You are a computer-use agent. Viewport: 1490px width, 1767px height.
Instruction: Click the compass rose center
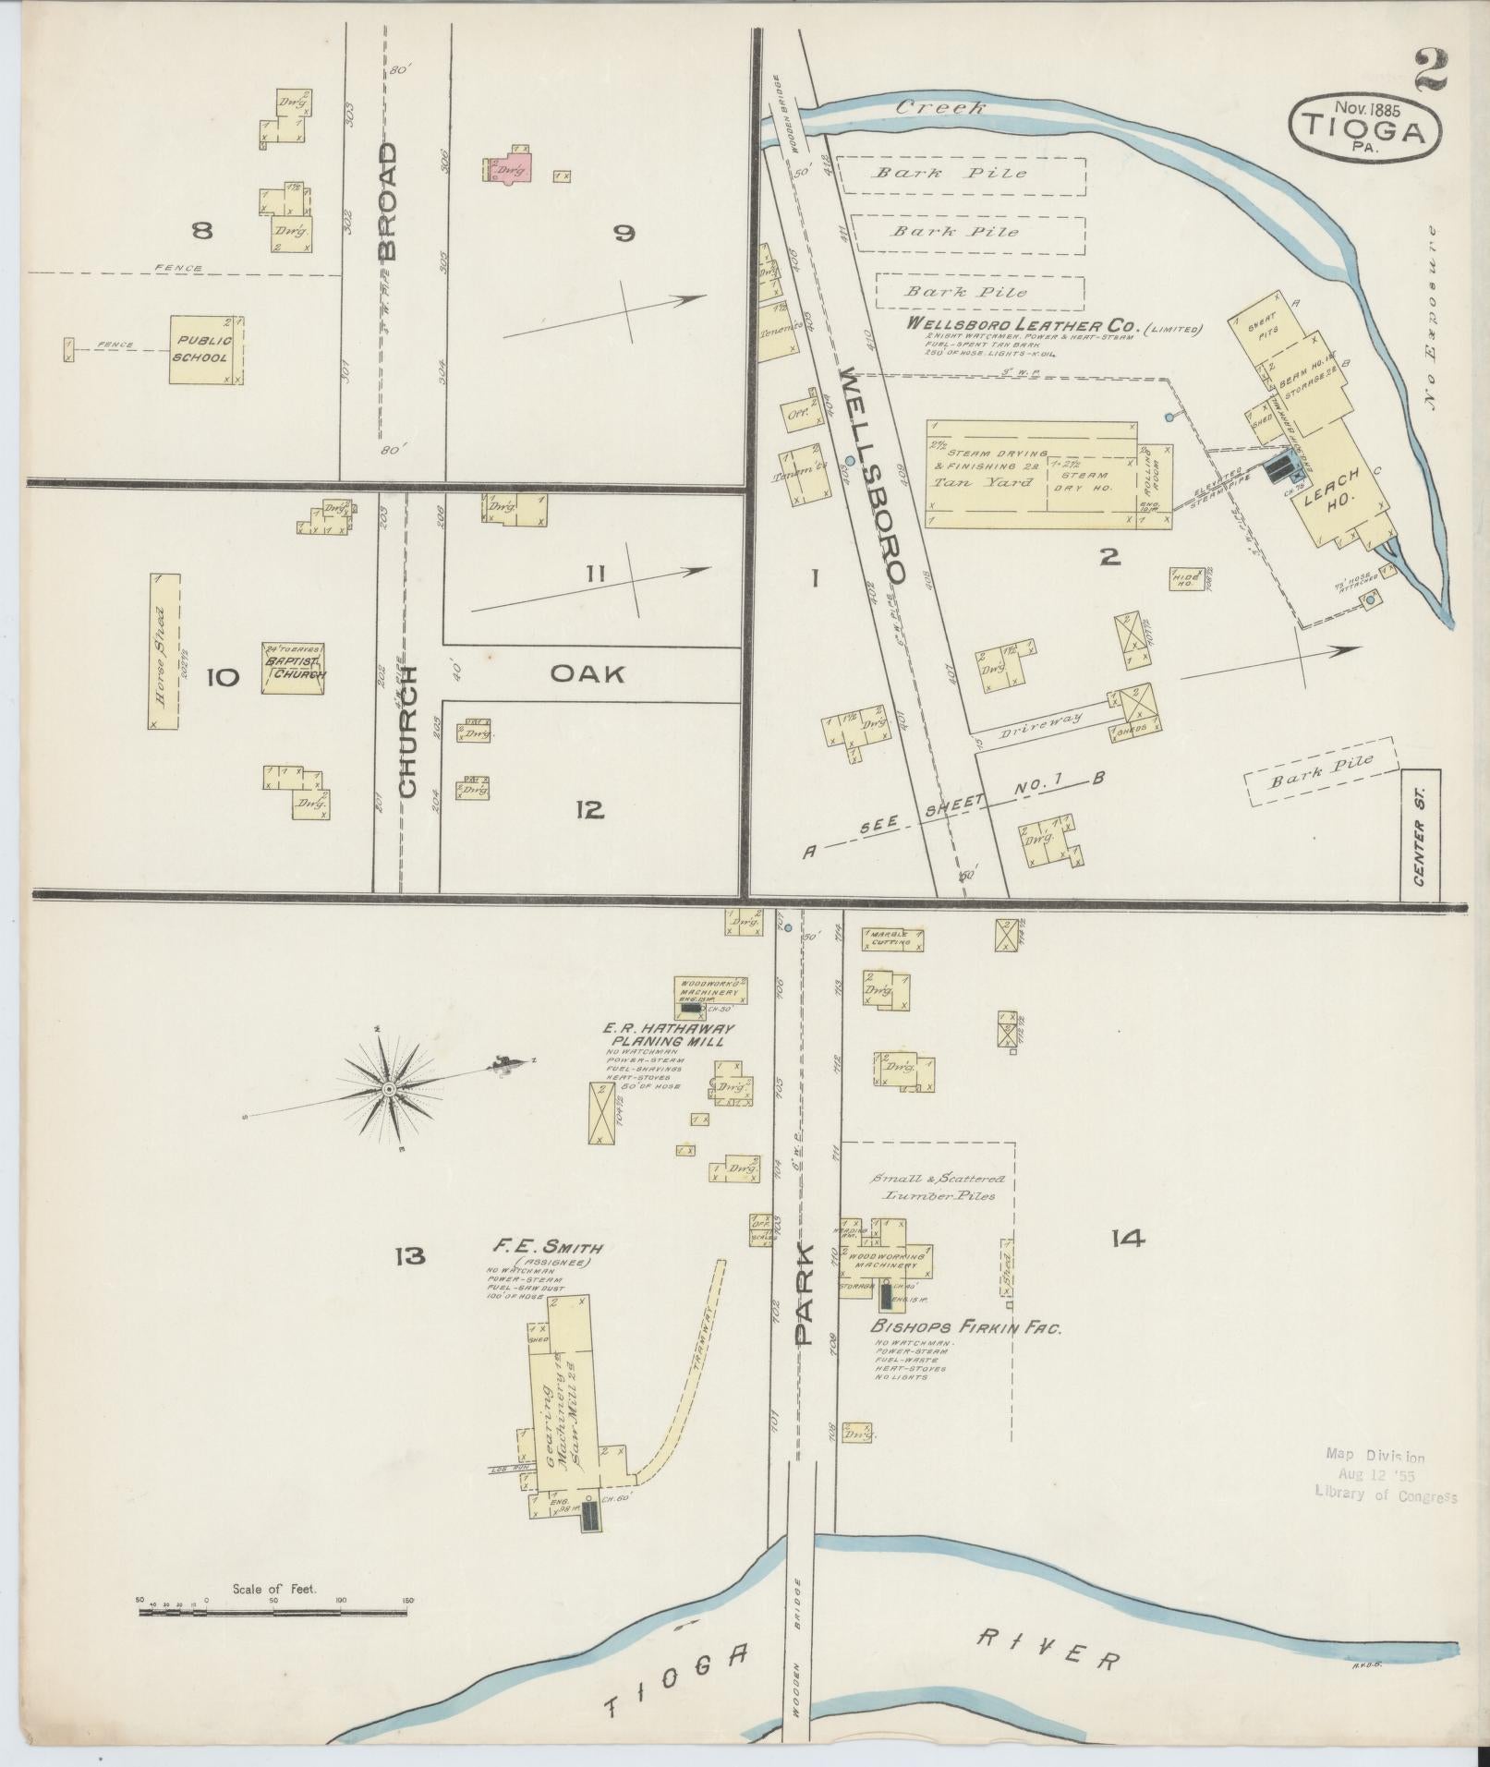tap(389, 1091)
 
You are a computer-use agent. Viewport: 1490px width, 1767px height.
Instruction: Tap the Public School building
tap(206, 350)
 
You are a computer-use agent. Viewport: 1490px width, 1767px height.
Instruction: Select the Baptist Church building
tap(293, 669)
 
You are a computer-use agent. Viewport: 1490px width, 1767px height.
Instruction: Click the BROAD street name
tap(388, 200)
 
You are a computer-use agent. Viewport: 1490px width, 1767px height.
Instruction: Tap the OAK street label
tap(588, 673)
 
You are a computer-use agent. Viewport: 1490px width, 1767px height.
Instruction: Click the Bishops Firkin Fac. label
tap(965, 1328)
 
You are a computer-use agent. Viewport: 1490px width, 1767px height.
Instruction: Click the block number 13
tap(409, 1255)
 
